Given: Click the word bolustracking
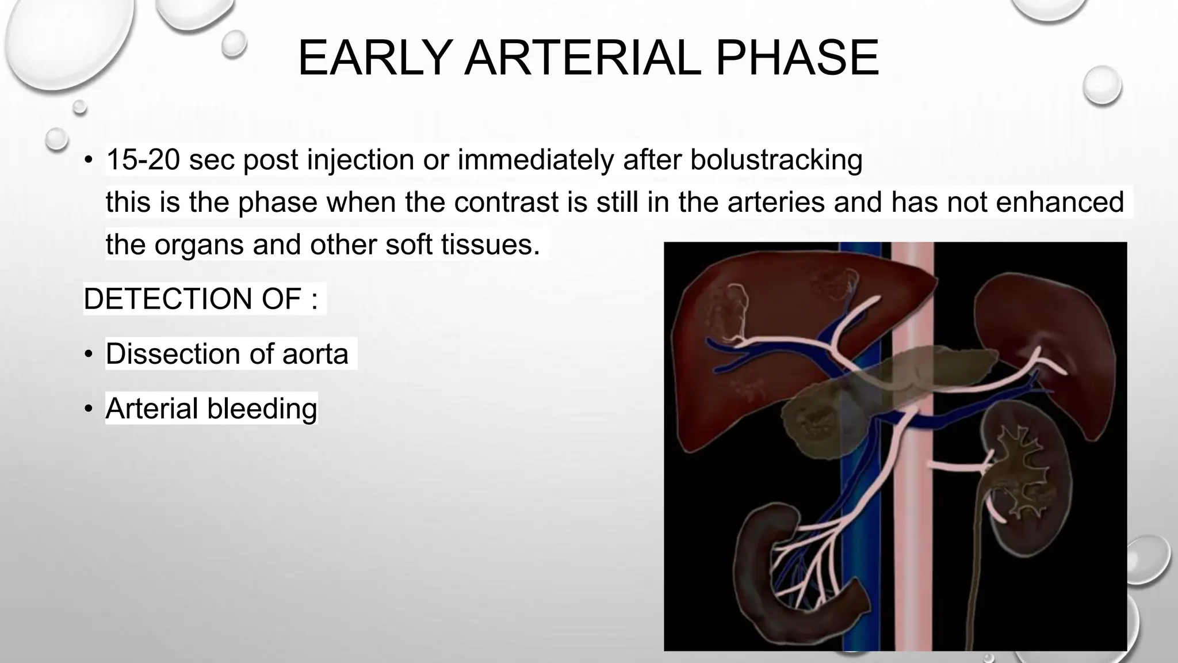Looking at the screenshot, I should coord(776,159).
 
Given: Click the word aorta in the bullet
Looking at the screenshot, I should coord(315,353).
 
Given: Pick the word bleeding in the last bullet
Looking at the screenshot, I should coord(262,409).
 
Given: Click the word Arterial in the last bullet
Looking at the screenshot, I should coord(152,409).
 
